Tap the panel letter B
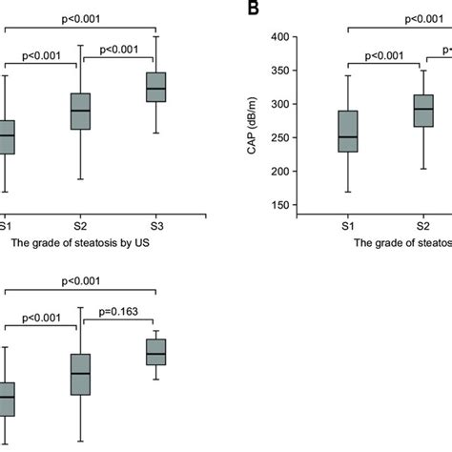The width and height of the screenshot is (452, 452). tap(254, 9)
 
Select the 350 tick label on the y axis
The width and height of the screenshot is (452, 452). tap(276, 71)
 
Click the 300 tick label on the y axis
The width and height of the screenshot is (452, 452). tap(276, 104)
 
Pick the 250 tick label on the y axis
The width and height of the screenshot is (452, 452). tap(276, 138)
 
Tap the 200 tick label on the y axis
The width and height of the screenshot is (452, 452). tap(276, 172)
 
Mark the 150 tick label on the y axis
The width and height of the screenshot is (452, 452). tap(276, 206)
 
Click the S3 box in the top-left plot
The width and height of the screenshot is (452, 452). tap(155, 87)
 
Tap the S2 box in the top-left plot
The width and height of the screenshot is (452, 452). tap(81, 112)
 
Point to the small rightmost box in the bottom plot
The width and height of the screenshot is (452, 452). tap(155, 351)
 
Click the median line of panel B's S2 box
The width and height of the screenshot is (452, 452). tap(421, 109)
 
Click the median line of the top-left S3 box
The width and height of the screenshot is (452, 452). tap(155, 89)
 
